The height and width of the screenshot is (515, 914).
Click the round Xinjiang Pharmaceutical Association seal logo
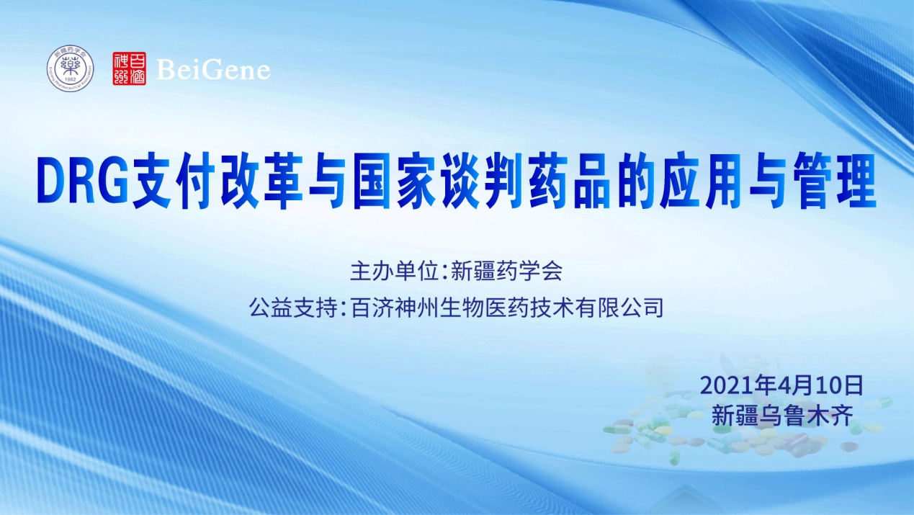[71, 69]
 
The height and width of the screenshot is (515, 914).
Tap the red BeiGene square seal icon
[129, 69]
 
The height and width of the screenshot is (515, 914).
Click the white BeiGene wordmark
[213, 70]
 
